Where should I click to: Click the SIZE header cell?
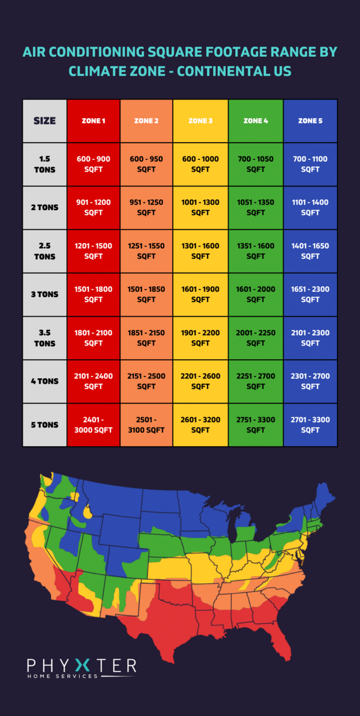45,121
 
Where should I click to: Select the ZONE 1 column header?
93,121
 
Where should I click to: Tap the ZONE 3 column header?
200,121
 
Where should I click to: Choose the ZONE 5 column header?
310,121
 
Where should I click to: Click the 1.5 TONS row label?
45,164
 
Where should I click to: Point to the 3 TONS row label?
45,294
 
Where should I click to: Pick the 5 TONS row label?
45,425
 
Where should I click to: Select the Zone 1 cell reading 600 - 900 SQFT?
93,164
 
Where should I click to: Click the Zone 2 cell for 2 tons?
146,207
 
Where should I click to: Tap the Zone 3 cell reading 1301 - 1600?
200,251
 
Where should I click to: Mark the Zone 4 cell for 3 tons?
256,294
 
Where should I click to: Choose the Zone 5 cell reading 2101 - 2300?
310,338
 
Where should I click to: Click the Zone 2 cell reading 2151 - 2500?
146,381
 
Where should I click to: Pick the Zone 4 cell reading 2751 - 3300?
256,425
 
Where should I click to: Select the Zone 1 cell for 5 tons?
93,425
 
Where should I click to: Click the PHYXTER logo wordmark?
81,665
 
